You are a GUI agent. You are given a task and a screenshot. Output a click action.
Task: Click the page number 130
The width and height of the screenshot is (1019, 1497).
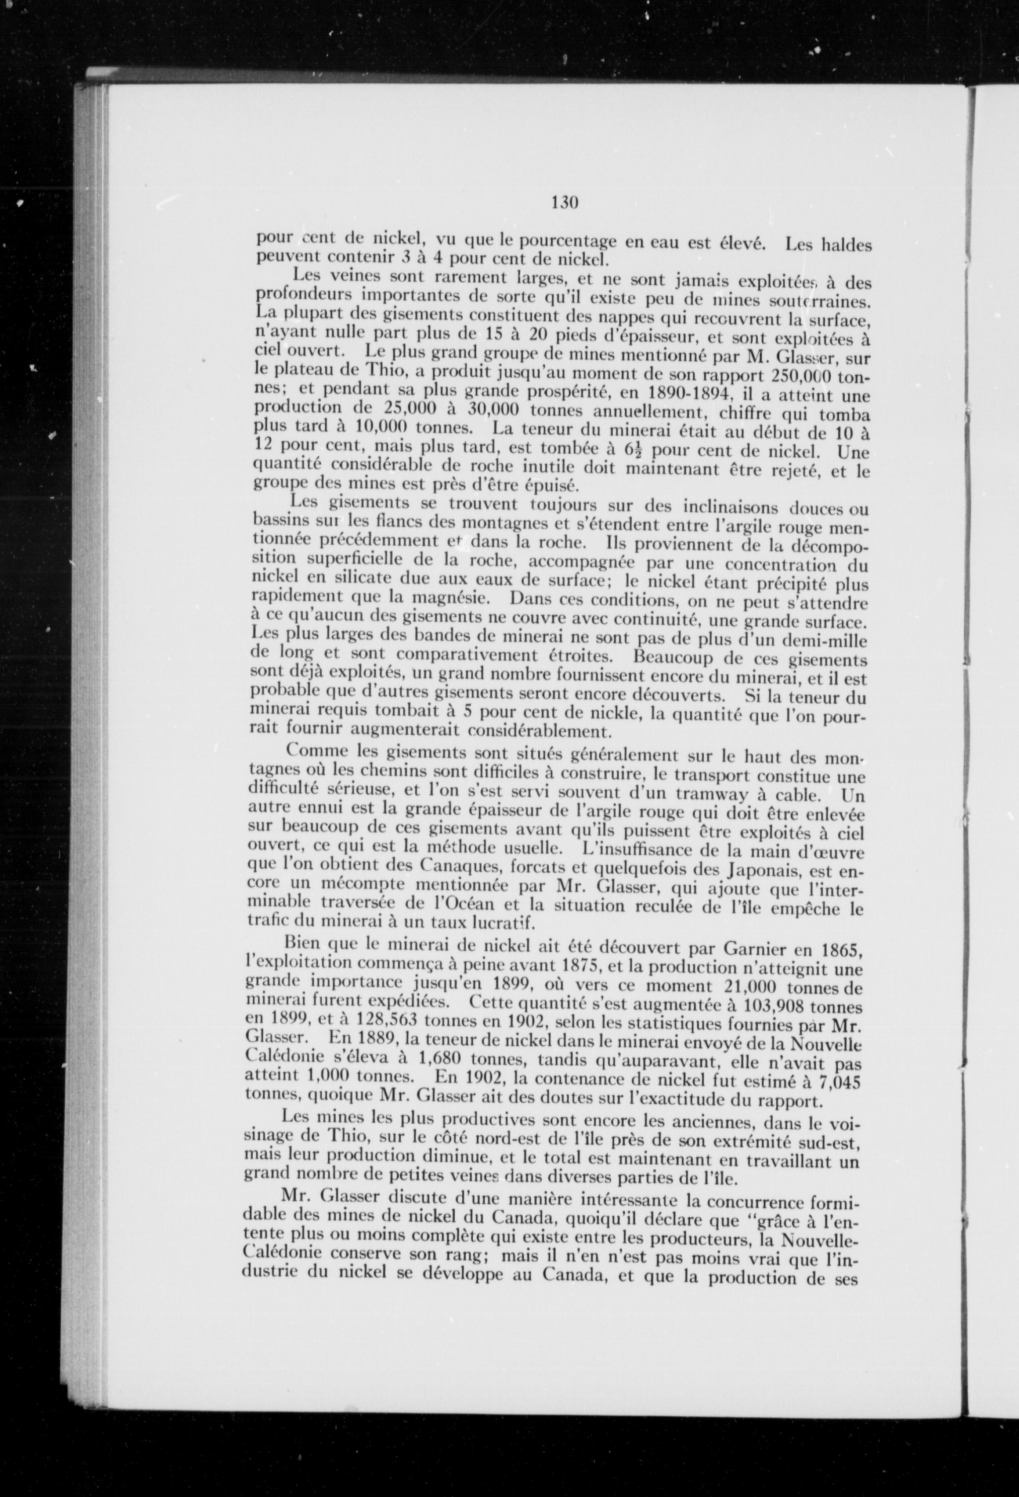[x=565, y=203]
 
